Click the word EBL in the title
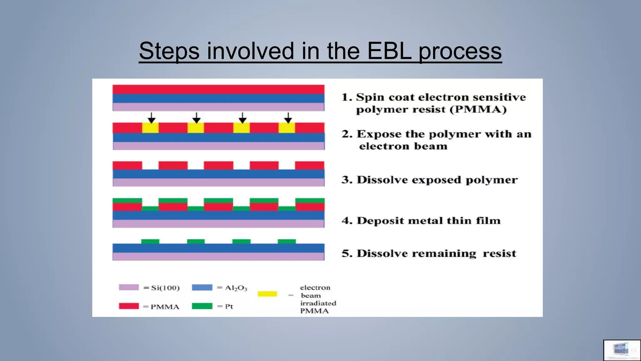[x=389, y=51]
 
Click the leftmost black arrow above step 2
[x=151, y=118]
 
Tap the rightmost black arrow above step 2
[x=288, y=118]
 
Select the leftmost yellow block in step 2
[x=150, y=128]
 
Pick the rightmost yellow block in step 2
[x=287, y=128]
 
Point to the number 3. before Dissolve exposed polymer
[x=347, y=180]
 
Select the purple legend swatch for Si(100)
[x=129, y=287]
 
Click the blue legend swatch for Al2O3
[x=202, y=287]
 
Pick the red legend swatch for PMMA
[x=129, y=306]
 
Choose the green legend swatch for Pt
[x=202, y=306]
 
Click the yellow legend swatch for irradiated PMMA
[x=267, y=294]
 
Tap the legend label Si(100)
[x=165, y=288]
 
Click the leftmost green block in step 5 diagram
[x=150, y=241]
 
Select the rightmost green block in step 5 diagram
[x=287, y=241]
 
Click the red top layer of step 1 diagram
[x=218, y=89]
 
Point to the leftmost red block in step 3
[x=127, y=165]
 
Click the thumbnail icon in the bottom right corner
[x=622, y=350]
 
